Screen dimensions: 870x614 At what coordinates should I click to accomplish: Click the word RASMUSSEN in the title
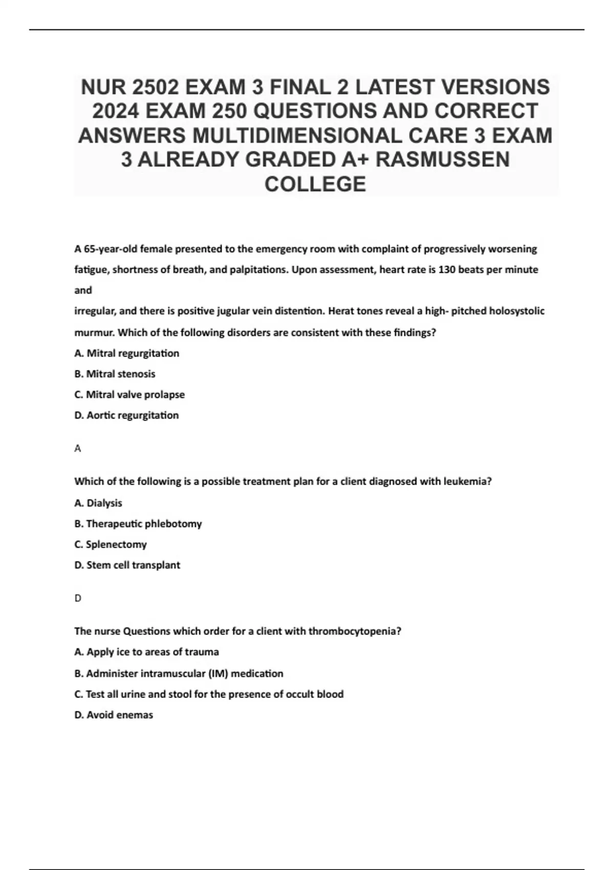click(x=443, y=160)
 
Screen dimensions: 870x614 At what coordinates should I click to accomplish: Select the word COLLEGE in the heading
click(x=315, y=184)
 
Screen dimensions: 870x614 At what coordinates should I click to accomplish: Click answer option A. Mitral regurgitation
click(x=127, y=353)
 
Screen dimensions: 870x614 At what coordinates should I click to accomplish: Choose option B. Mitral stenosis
click(x=115, y=374)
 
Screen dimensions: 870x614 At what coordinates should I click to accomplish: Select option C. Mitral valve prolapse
click(x=129, y=395)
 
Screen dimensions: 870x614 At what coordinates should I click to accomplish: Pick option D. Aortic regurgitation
click(x=126, y=416)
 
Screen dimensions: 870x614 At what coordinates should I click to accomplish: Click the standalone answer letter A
click(x=78, y=449)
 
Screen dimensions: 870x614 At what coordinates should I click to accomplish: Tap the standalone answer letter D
click(x=78, y=598)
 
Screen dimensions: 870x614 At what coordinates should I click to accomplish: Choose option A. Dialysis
click(x=98, y=503)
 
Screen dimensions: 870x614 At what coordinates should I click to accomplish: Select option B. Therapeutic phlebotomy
click(x=138, y=524)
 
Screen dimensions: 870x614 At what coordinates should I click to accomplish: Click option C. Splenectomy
click(x=111, y=545)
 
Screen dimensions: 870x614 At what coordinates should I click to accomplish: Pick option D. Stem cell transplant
click(x=127, y=565)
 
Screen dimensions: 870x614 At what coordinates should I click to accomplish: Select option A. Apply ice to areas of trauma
click(x=146, y=652)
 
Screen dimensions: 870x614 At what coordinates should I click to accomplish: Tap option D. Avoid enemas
click(x=114, y=715)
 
